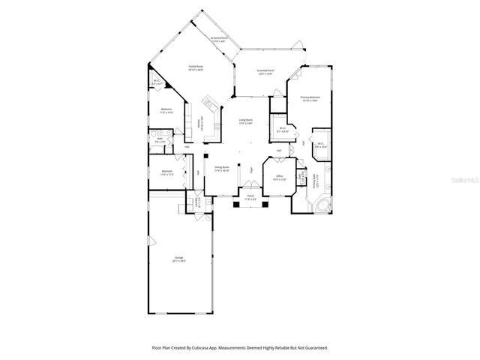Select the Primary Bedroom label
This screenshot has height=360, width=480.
[310, 98]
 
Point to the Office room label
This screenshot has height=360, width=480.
[279, 178]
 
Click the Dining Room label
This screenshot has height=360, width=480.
[222, 169]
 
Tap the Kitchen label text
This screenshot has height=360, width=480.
[199, 124]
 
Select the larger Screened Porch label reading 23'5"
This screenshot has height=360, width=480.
[265, 73]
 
